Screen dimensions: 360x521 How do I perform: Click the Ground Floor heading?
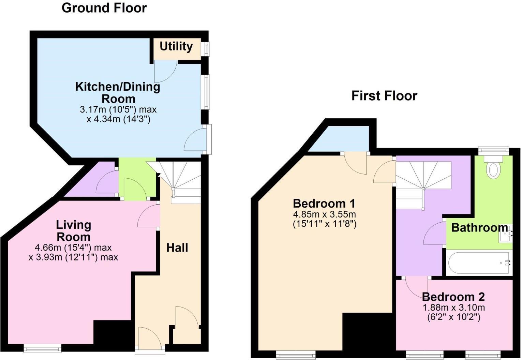(x=104, y=8)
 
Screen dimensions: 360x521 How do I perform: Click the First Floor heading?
(x=384, y=96)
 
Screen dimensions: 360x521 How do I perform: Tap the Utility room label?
(x=176, y=46)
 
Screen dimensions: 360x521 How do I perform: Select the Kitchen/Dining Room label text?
(x=118, y=92)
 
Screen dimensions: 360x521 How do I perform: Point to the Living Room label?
(x=73, y=231)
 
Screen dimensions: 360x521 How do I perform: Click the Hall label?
(x=177, y=248)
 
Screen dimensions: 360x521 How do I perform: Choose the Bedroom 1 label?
(x=324, y=204)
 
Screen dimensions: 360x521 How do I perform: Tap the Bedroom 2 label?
(x=453, y=297)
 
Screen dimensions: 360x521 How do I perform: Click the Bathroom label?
(x=479, y=227)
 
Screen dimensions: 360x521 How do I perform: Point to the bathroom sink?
(x=506, y=234)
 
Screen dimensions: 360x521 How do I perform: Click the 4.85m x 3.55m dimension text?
(x=324, y=214)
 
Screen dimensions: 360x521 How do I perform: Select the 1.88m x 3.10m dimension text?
(x=453, y=307)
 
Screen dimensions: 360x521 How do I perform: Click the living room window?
(x=42, y=348)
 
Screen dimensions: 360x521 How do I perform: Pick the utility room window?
(x=206, y=49)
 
